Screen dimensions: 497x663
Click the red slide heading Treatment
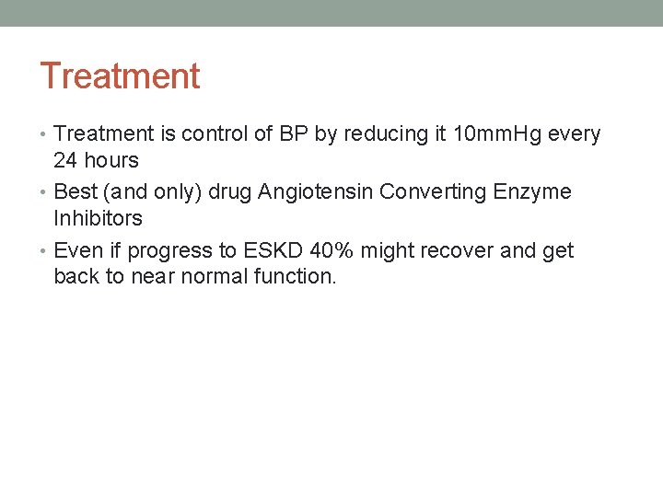[120, 75]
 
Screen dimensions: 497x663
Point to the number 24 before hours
[65, 160]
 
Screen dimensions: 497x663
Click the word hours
[110, 160]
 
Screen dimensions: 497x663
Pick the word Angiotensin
[316, 192]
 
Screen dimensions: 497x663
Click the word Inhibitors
[98, 218]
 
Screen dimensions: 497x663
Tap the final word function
[292, 276]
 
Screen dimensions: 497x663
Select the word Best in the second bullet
[75, 192]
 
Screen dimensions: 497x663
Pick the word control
[215, 134]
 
